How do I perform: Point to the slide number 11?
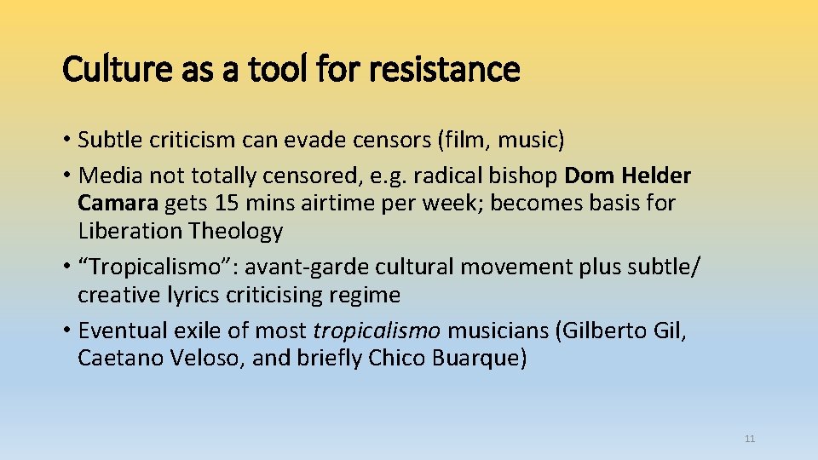750,439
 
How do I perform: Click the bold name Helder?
656,175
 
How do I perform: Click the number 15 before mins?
226,203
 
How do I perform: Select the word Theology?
237,231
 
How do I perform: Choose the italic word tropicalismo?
378,331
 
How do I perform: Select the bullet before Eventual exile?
66,331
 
